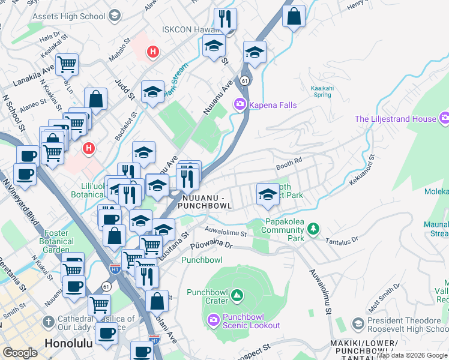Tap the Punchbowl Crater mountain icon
pos(237,295)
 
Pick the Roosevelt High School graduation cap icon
pos(358,324)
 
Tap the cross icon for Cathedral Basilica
pos(49,320)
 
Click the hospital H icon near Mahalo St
pos(152,52)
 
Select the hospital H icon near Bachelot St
pos(89,148)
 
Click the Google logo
pos(20,353)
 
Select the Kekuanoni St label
pos(360,172)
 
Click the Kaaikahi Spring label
pos(322,91)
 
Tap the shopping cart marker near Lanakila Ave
pos(67,64)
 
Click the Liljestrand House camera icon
pos(444,119)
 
